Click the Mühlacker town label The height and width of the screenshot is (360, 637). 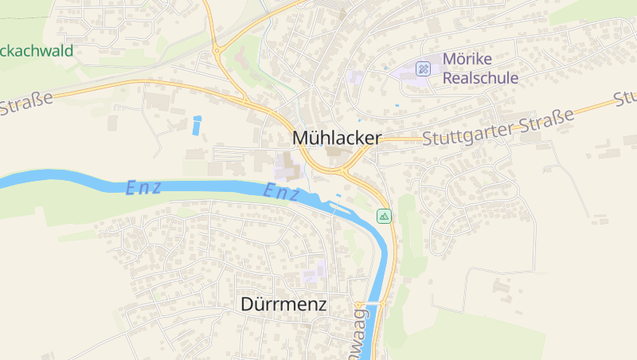(x=337, y=137)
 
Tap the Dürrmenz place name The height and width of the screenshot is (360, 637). (x=283, y=303)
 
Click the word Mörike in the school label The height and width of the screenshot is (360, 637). (x=467, y=60)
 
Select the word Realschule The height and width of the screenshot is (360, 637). (x=480, y=78)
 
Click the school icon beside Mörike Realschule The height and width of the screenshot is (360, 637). (x=424, y=68)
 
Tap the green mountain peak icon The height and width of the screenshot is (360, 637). (x=385, y=216)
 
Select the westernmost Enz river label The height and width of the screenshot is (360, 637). (x=144, y=188)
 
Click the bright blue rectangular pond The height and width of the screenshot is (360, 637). (x=197, y=125)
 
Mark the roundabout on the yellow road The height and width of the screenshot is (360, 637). (x=217, y=50)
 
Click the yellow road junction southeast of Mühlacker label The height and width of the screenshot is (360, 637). (x=344, y=169)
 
